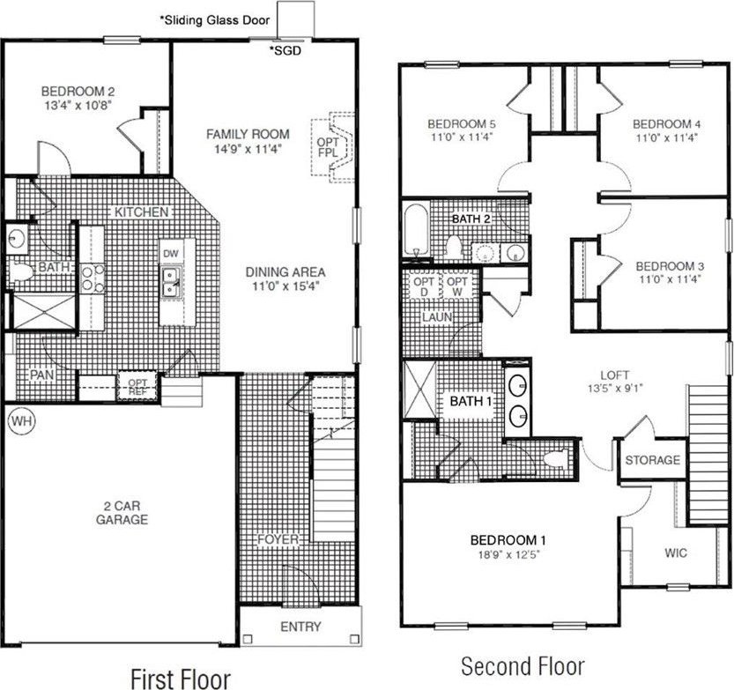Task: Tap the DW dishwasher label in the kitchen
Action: pyautogui.click(x=171, y=254)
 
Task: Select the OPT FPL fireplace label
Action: pyautogui.click(x=328, y=147)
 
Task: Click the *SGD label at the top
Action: pyautogui.click(x=285, y=50)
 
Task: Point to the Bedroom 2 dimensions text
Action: pyautogui.click(x=78, y=105)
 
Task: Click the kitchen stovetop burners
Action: pyautogui.click(x=93, y=278)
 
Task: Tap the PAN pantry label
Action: pyautogui.click(x=42, y=375)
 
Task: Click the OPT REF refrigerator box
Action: pyautogui.click(x=137, y=386)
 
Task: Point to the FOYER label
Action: pyautogui.click(x=278, y=539)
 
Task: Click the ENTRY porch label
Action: pyautogui.click(x=300, y=627)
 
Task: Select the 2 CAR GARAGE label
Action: pyautogui.click(x=122, y=513)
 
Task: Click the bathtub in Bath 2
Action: pyautogui.click(x=416, y=229)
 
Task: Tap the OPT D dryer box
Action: pyautogui.click(x=424, y=286)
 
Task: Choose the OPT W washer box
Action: pyautogui.click(x=456, y=286)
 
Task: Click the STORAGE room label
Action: pyautogui.click(x=653, y=460)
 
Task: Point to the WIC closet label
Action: pyautogui.click(x=676, y=553)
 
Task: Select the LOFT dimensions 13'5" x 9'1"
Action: pyautogui.click(x=615, y=388)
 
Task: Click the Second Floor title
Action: pyautogui.click(x=523, y=665)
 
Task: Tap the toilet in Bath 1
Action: pyautogui.click(x=557, y=458)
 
